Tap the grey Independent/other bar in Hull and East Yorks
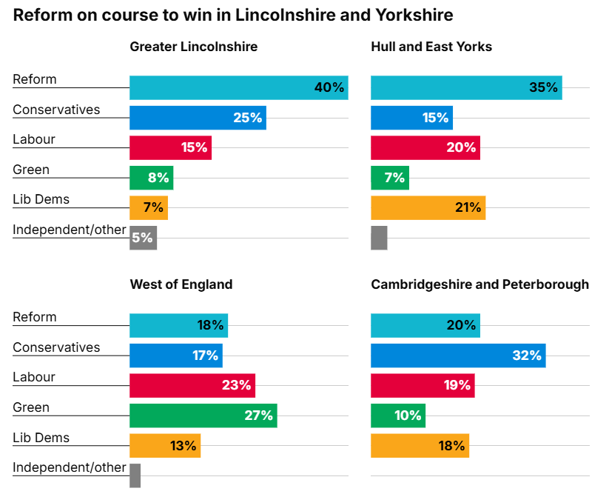tap(379, 238)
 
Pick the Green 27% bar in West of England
tap(203, 415)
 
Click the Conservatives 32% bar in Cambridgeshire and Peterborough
tap(457, 356)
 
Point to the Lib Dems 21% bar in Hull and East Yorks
tap(428, 208)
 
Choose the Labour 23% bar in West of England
tap(192, 385)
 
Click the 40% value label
tap(329, 87)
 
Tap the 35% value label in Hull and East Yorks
tap(543, 87)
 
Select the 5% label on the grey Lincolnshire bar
tap(142, 238)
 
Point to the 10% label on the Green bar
tap(408, 415)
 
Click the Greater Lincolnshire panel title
tap(194, 47)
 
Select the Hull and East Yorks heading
tap(431, 47)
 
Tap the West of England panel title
tap(181, 284)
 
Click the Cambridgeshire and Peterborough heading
tap(480, 284)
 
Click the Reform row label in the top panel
tap(35, 79)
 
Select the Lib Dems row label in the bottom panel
tap(41, 438)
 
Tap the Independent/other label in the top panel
tap(70, 230)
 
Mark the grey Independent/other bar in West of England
tap(135, 475)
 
